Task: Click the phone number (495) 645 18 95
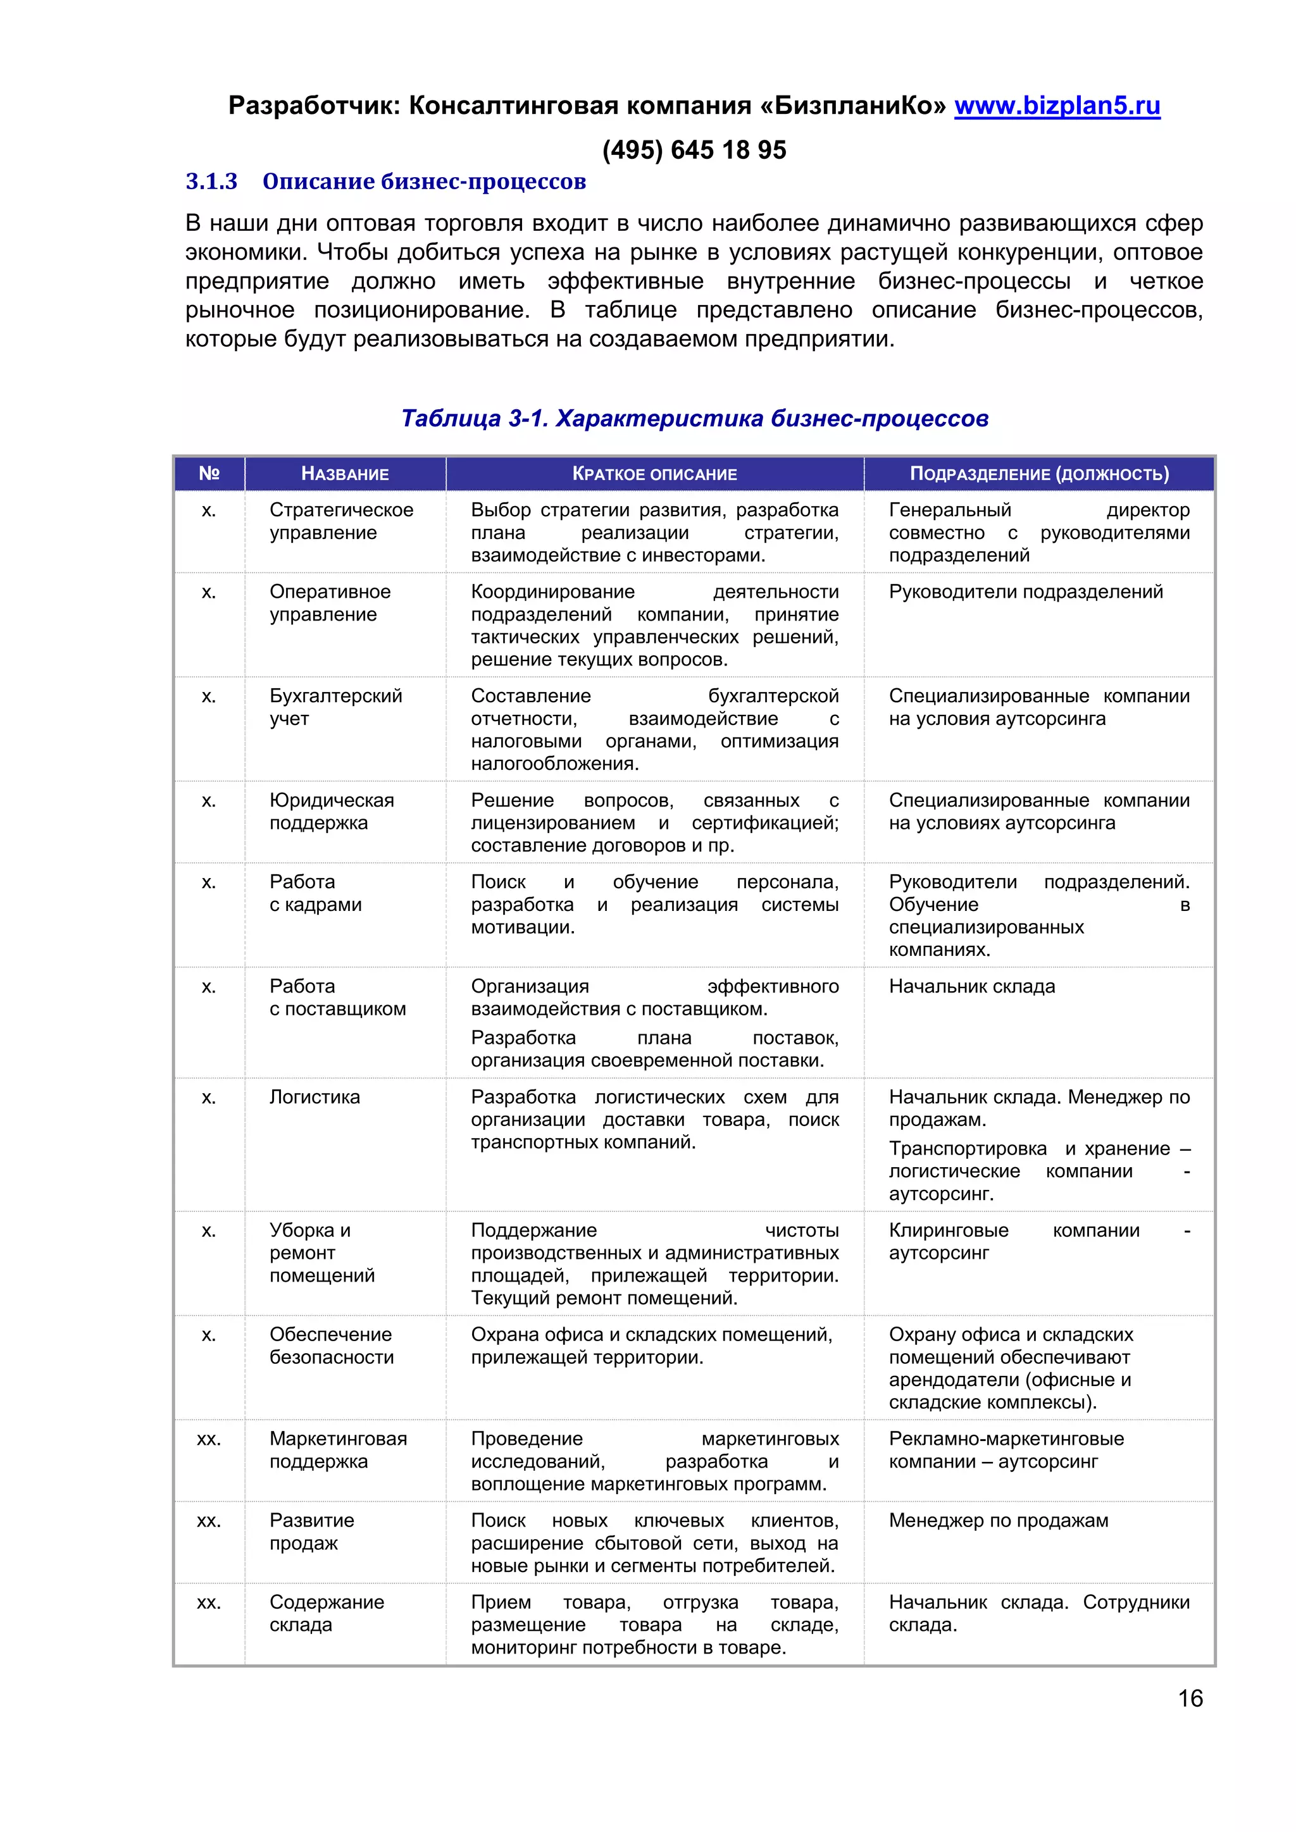[694, 150]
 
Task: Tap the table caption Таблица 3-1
[694, 418]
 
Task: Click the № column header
[209, 473]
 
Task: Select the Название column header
[345, 474]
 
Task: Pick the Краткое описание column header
[654, 474]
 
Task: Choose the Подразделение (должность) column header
[1039, 474]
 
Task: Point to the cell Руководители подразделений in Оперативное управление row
[1025, 592]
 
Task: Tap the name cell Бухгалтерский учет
[335, 707]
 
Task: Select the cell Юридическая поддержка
[331, 812]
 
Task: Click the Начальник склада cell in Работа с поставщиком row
[971, 987]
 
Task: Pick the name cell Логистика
[315, 1097]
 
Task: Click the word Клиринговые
[948, 1230]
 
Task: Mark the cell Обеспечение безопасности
[331, 1346]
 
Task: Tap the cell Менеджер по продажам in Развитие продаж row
[999, 1521]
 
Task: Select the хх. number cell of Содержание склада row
[209, 1602]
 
